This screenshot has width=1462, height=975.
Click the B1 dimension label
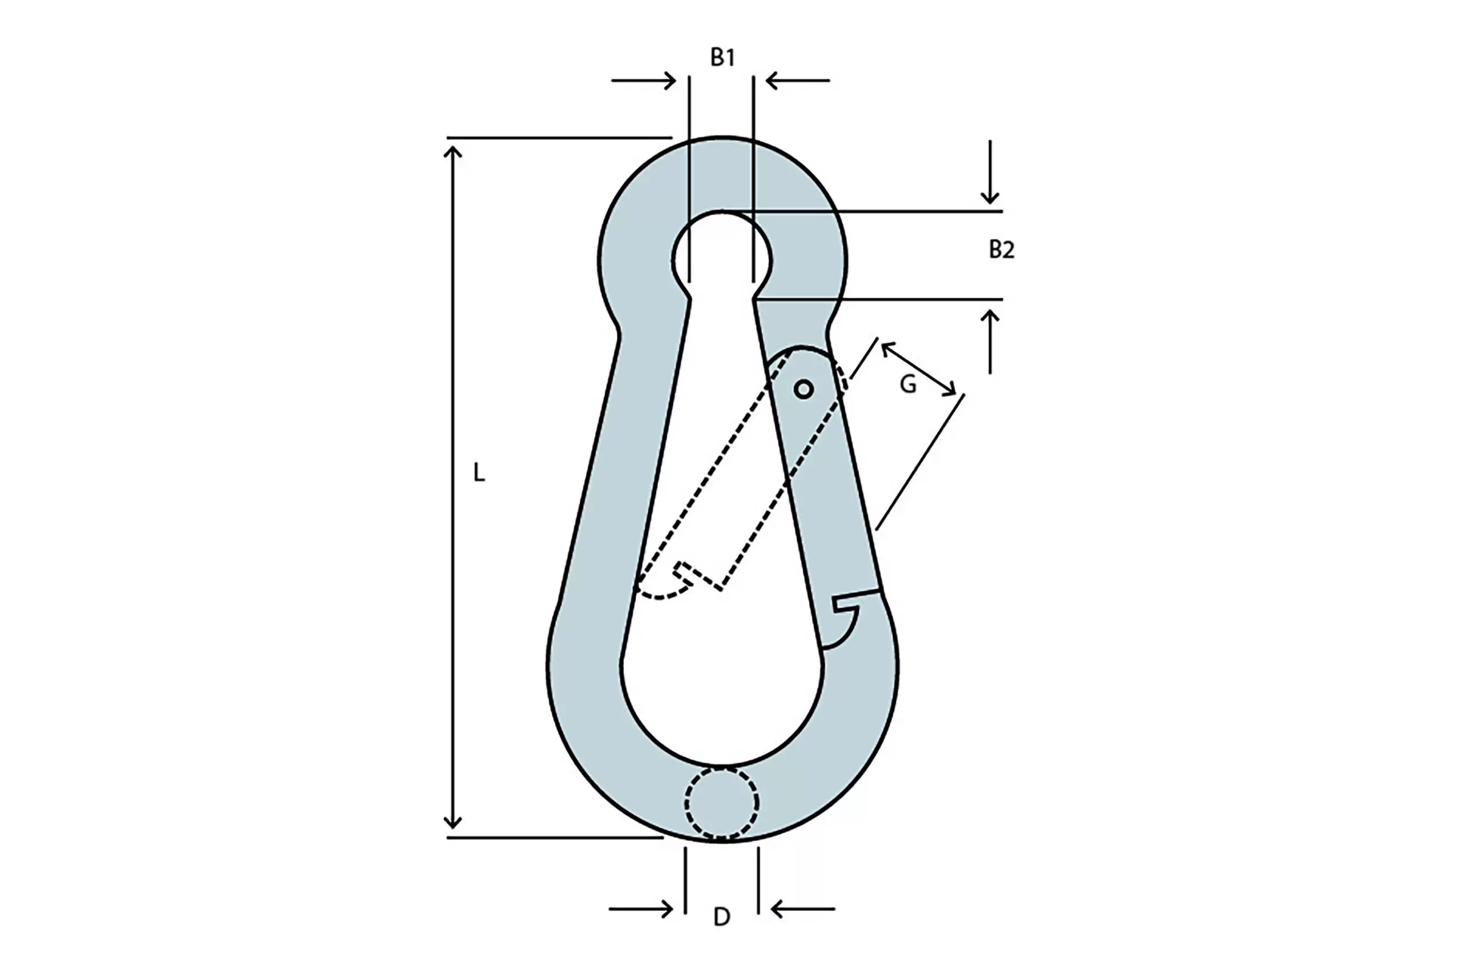click(722, 57)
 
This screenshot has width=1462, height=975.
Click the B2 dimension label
click(1001, 250)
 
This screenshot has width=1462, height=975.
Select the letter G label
click(908, 385)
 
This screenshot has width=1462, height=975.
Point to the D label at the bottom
click(722, 917)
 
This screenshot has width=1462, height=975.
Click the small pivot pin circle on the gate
click(804, 389)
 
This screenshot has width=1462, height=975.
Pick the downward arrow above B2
click(990, 171)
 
